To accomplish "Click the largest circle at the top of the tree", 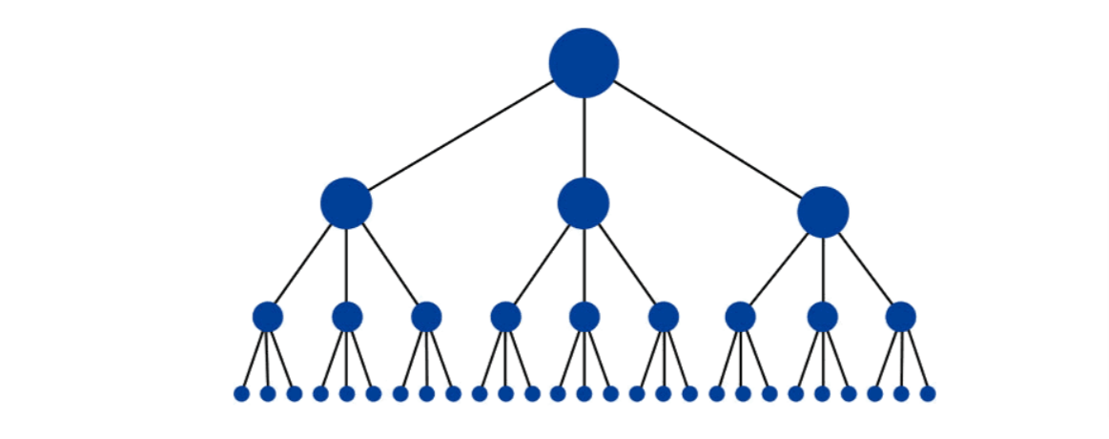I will point(584,63).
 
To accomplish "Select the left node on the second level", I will point(346,203).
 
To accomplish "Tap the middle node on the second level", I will point(584,203).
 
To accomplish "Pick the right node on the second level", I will point(823,212).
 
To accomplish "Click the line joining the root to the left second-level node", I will point(461,136).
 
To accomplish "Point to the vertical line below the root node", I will point(584,137).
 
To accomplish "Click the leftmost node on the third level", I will point(268,317).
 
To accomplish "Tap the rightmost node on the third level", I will point(901,317).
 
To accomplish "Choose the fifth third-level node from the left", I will point(585,317).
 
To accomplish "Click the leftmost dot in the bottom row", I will point(241,393).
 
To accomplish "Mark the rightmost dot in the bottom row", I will point(928,393).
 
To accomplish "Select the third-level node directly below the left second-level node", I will point(347,317).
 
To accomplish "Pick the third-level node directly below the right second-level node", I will point(822,317).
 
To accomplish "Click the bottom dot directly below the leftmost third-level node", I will point(268,393).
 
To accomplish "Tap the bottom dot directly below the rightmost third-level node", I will point(901,393).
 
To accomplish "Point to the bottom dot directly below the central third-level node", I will point(585,393).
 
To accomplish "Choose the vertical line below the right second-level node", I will point(823,270).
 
